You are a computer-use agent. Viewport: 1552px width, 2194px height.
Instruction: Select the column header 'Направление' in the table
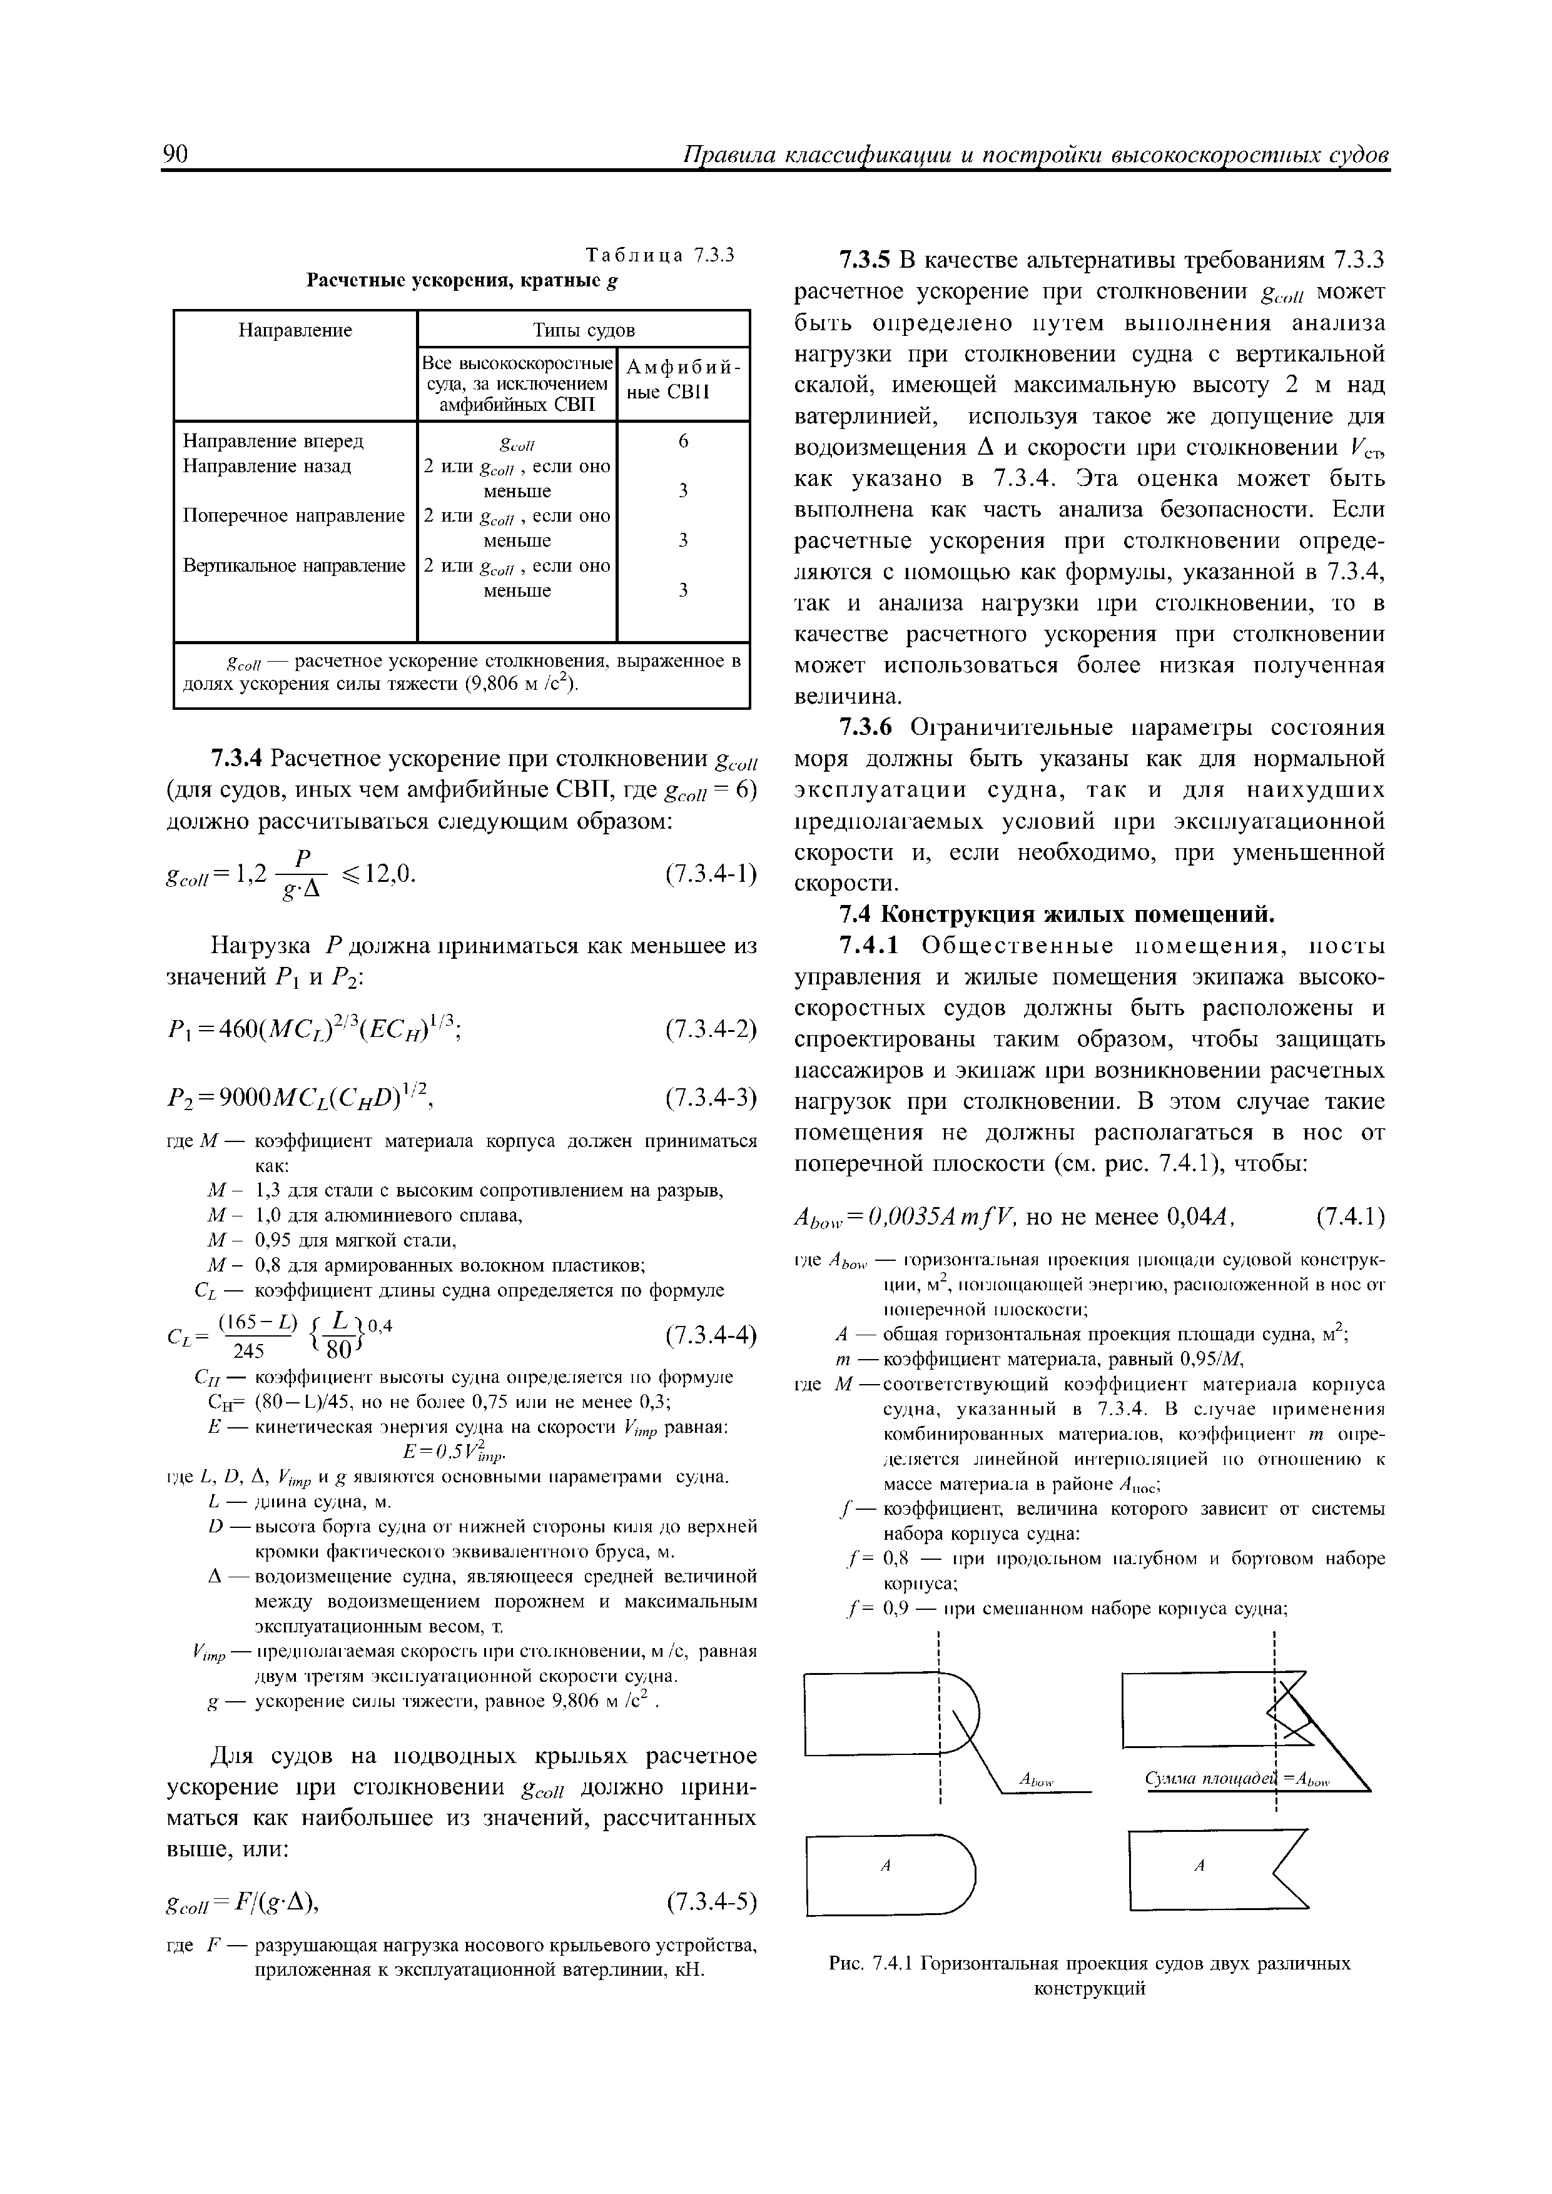click(x=295, y=331)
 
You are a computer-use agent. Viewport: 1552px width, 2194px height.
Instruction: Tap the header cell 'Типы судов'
click(x=583, y=331)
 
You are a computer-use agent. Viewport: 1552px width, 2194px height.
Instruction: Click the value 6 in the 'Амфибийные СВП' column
click(x=682, y=442)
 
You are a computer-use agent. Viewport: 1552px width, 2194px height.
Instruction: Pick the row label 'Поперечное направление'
click(x=293, y=516)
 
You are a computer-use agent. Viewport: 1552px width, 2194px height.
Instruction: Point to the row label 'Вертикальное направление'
click(x=293, y=566)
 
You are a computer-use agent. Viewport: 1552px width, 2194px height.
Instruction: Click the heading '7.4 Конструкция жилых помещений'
click(x=1056, y=914)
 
